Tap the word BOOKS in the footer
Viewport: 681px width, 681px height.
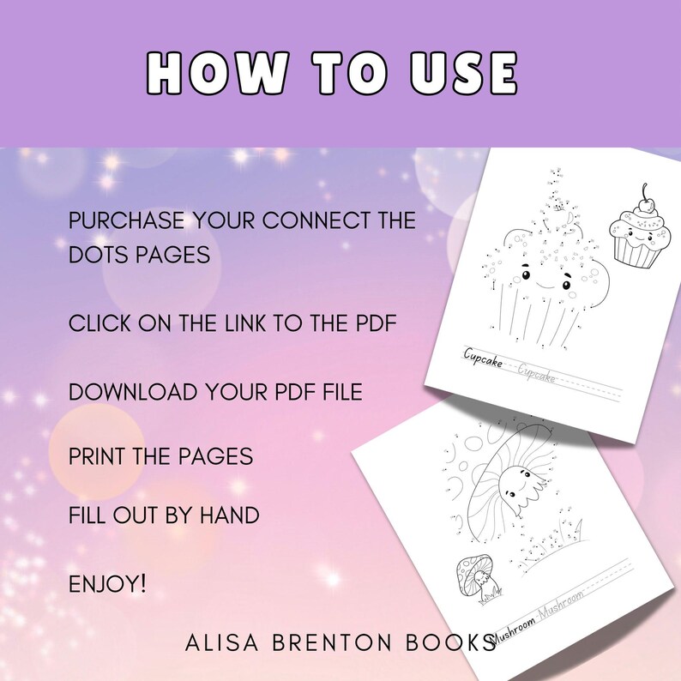coord(449,643)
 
